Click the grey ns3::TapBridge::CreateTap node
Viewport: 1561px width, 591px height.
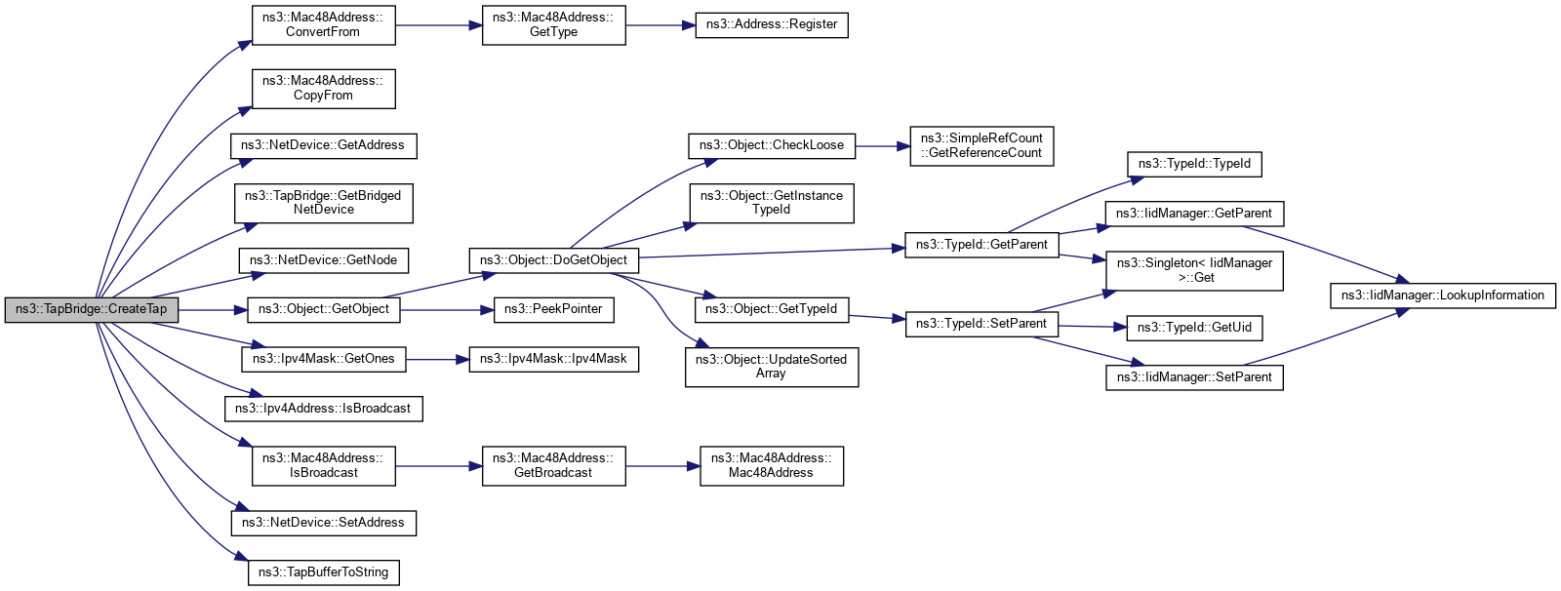pyautogui.click(x=92, y=310)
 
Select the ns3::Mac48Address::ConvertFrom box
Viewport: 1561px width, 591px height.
pyautogui.click(x=323, y=25)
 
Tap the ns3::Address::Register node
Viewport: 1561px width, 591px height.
pyautogui.click(x=771, y=24)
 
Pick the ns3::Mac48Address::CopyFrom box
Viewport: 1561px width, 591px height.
pyautogui.click(x=323, y=89)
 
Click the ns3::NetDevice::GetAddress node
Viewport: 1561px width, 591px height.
pyautogui.click(x=323, y=145)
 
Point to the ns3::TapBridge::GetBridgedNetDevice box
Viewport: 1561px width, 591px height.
pyautogui.click(x=323, y=203)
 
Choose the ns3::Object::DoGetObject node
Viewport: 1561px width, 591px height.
pyautogui.click(x=554, y=260)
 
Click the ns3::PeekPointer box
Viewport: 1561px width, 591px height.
pyautogui.click(x=553, y=309)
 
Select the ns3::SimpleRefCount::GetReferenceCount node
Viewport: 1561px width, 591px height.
pyautogui.click(x=981, y=146)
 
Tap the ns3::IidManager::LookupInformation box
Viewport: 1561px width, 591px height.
pyautogui.click(x=1442, y=295)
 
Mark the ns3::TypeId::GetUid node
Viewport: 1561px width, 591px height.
pyautogui.click(x=1194, y=328)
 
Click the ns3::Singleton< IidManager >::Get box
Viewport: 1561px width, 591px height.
pyautogui.click(x=1194, y=270)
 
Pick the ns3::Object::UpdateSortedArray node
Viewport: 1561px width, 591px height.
pyautogui.click(x=771, y=367)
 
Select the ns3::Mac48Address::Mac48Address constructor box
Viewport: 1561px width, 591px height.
pyautogui.click(x=771, y=466)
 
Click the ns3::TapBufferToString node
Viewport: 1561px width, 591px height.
pyautogui.click(x=323, y=572)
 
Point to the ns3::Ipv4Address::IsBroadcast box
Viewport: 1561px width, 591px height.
pyautogui.click(x=323, y=409)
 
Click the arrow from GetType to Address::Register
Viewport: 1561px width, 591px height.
pyautogui.click(x=660, y=25)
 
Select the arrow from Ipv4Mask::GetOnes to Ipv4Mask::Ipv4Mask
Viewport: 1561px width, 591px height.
pyautogui.click(x=437, y=359)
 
